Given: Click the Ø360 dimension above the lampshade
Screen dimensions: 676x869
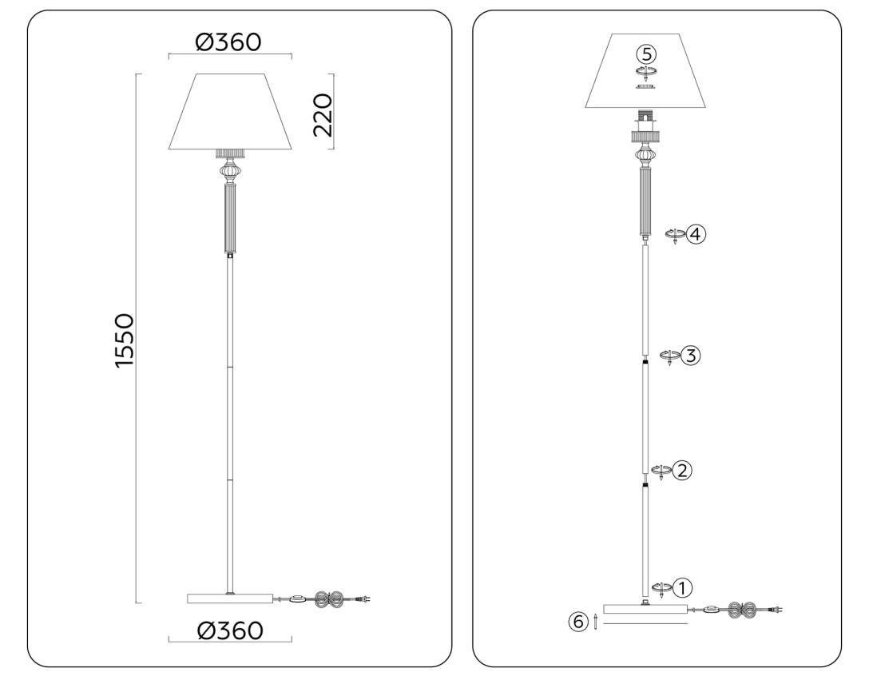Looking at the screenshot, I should pos(228,42).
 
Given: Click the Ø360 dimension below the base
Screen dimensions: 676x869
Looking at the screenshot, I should pos(230,630).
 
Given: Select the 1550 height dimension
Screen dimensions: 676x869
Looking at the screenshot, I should pos(125,341).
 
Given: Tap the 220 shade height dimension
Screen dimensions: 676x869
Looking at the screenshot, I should pos(323,114).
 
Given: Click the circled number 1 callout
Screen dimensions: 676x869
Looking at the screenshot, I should pos(681,588).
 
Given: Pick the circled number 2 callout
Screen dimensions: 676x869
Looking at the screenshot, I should pos(681,470).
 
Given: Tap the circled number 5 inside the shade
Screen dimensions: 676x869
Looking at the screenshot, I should pos(645,54).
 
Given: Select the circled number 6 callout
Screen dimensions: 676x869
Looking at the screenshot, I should pos(578,621).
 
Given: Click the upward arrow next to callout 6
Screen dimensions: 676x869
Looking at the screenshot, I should pos(595,621).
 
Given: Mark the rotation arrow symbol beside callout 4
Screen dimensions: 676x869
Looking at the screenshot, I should pos(675,235).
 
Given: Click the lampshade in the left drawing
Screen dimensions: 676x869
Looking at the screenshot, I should pos(230,112).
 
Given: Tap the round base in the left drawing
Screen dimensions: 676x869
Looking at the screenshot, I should pos(230,598).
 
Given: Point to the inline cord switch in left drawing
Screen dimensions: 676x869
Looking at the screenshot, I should pos(298,598).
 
